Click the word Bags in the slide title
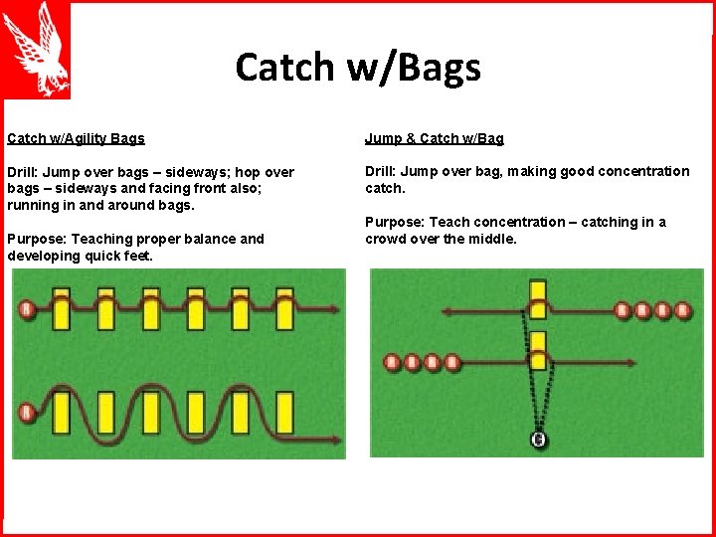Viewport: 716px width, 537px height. [437, 68]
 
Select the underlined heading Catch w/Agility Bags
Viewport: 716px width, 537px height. [76, 138]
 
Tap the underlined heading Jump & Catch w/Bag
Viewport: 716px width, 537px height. [434, 138]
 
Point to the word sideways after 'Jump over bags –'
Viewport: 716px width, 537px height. [204, 172]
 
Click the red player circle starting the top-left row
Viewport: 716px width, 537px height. [27, 310]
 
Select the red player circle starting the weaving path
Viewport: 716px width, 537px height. [27, 412]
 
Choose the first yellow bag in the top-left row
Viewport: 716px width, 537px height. [62, 309]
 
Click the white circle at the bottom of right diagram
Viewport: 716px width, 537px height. [538, 440]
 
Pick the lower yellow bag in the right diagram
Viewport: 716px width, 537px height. [538, 351]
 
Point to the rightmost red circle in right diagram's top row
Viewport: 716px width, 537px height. [682, 311]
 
